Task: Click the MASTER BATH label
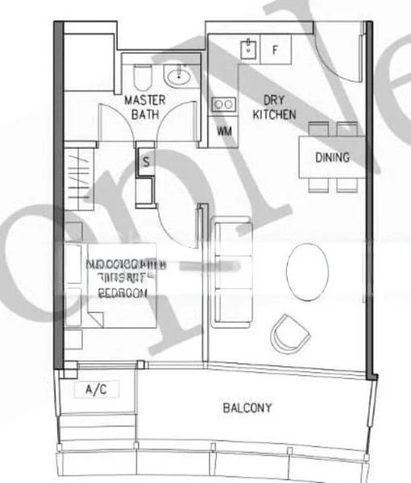coord(145,107)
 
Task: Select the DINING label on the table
coord(332,157)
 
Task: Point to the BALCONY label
coord(247,408)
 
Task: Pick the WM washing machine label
coord(224,131)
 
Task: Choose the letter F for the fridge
coord(275,50)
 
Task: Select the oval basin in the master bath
coord(178,77)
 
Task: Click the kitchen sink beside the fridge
coord(249,48)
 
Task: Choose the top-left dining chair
coord(318,129)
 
